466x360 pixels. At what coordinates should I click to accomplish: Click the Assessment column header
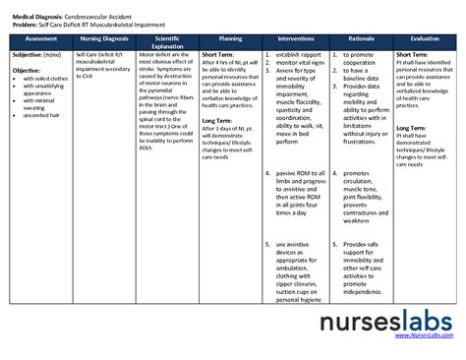[40, 36]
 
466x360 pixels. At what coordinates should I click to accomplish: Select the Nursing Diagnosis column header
[101, 36]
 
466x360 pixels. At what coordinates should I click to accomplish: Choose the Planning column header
[230, 36]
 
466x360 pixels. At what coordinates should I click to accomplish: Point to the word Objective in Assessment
[27, 71]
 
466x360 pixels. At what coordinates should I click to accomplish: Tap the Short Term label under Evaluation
[412, 54]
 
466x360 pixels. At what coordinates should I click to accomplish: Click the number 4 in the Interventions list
[268, 173]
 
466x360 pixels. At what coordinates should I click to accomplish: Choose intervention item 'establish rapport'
[299, 54]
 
